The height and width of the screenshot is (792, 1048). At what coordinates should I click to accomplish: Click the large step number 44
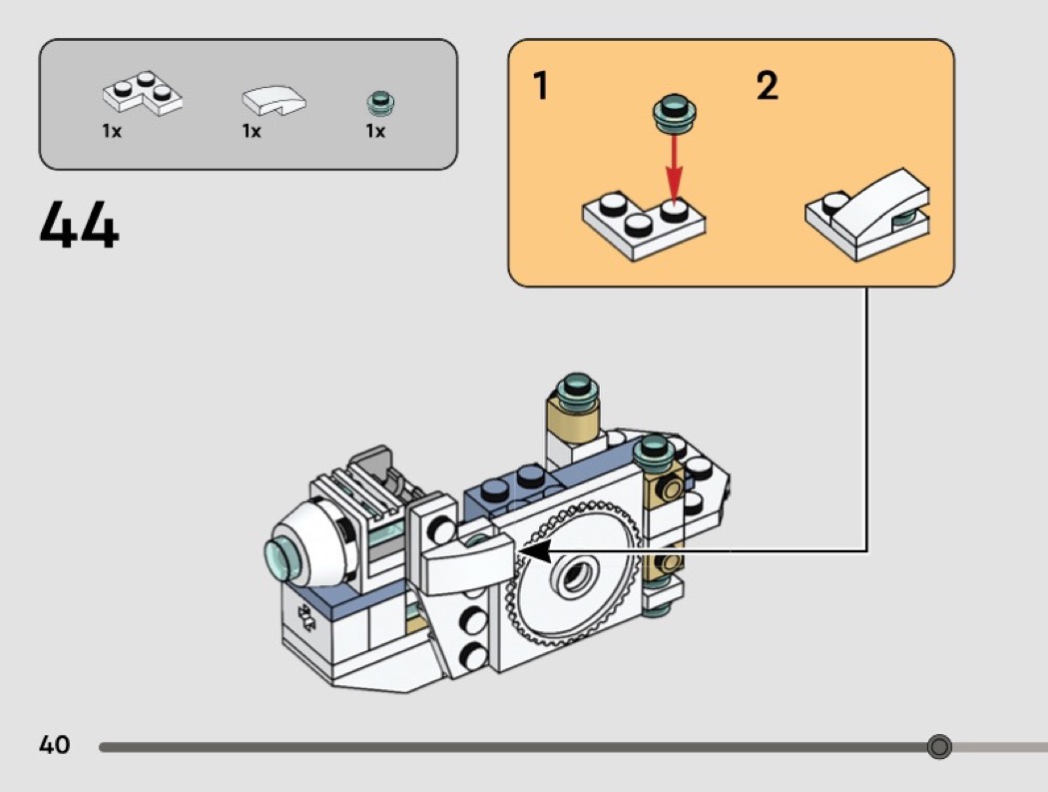tap(79, 226)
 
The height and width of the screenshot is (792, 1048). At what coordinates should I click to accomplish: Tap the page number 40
tap(55, 745)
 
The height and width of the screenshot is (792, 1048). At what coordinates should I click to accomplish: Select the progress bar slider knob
tap(938, 747)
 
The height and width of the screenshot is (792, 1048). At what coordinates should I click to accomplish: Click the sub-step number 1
tap(540, 87)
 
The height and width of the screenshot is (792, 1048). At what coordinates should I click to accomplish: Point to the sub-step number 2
tap(767, 87)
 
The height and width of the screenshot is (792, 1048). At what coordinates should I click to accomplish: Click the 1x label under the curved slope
tap(251, 132)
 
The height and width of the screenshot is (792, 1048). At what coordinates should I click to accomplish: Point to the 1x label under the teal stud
tap(375, 132)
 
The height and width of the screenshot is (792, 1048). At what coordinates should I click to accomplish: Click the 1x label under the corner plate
tap(112, 132)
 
